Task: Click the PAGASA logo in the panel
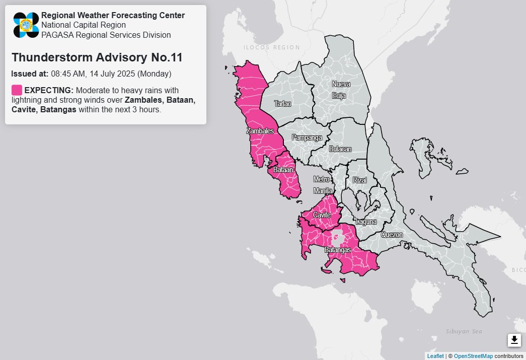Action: (x=26, y=25)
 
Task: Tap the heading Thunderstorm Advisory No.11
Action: (x=97, y=57)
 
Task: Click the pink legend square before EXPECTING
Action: (x=17, y=90)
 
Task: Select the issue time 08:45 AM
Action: (x=67, y=74)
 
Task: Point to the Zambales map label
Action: (x=260, y=131)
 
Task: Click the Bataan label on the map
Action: (x=283, y=170)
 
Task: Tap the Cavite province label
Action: (x=322, y=215)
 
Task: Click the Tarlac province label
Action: (x=282, y=104)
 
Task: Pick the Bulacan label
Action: (x=340, y=149)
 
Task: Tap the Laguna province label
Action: (x=366, y=222)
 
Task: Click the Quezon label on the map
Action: (x=392, y=235)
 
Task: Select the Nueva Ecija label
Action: (x=341, y=89)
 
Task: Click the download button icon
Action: (x=514, y=340)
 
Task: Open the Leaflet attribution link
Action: (x=435, y=356)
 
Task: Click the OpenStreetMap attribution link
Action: (x=473, y=356)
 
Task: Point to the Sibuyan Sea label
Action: (x=464, y=331)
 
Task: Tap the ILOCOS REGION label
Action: (x=271, y=47)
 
